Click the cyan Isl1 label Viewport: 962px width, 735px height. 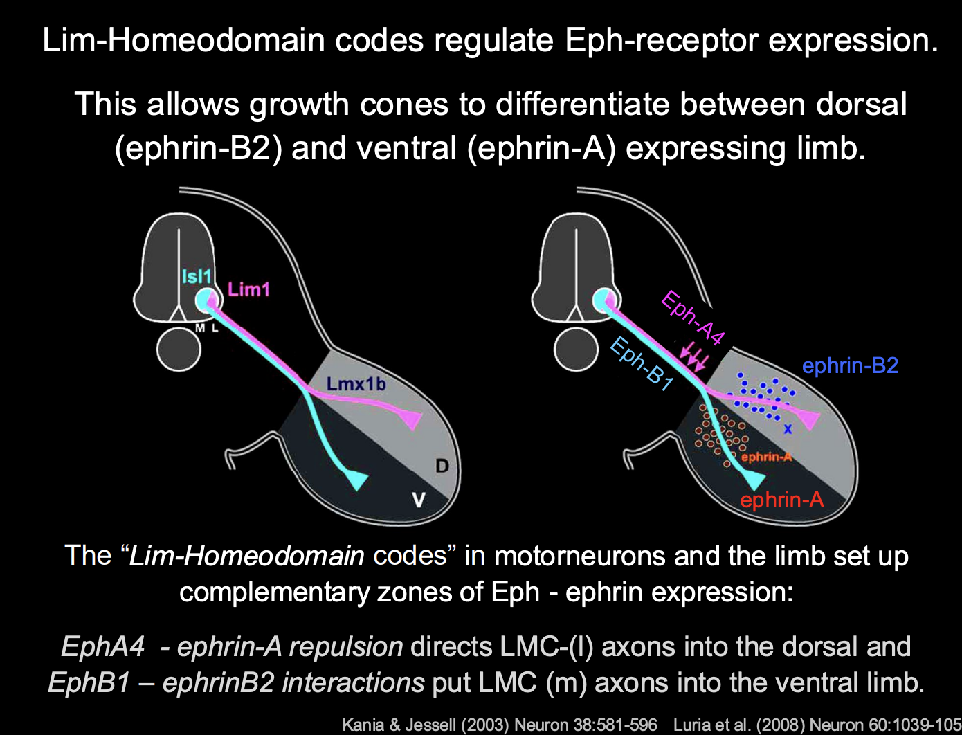coord(196,277)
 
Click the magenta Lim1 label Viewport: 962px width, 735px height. coord(248,289)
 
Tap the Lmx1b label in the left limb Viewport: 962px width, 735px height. coord(356,383)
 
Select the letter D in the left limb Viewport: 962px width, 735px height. coord(442,466)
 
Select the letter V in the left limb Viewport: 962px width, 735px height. coord(419,499)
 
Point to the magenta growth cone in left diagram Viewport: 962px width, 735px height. coord(409,418)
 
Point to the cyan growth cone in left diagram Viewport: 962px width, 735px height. coord(356,478)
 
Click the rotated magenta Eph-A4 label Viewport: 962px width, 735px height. coord(693,318)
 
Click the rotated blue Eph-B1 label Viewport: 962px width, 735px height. coord(642,363)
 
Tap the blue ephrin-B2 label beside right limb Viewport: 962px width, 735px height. coord(850,365)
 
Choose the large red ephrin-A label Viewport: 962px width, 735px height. coord(782,499)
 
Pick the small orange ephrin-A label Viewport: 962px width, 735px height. coord(766,457)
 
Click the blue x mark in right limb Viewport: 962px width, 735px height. coord(788,429)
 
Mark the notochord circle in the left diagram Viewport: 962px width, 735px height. coord(179,350)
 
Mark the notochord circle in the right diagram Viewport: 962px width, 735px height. coord(576,350)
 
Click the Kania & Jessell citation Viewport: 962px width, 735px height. coord(499,725)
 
